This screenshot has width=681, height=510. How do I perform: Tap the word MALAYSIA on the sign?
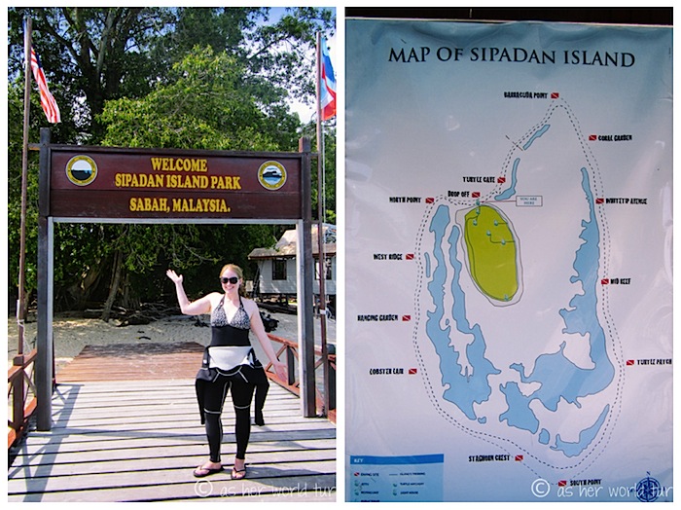(x=201, y=205)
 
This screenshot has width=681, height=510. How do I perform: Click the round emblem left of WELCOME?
(x=82, y=171)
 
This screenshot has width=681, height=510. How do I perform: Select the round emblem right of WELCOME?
(x=271, y=175)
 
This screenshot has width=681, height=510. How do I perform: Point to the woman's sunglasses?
(x=230, y=280)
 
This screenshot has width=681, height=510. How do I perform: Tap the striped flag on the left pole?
(x=44, y=89)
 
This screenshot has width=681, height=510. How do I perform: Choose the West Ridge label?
(x=393, y=257)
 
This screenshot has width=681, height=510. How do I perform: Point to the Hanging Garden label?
(x=379, y=317)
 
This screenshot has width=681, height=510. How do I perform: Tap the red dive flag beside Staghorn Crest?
(x=520, y=457)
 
